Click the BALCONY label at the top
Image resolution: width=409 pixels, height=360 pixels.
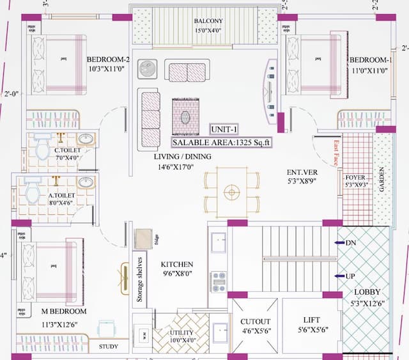click(x=208, y=20)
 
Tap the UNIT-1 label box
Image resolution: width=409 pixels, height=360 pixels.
click(x=224, y=129)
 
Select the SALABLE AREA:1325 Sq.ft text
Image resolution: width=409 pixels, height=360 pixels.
click(x=222, y=143)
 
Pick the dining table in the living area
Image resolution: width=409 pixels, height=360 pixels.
click(x=231, y=191)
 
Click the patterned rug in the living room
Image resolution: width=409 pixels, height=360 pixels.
click(x=185, y=117)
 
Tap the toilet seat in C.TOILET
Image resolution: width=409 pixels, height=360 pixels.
click(x=43, y=148)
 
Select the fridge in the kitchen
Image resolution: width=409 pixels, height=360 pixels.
click(x=143, y=238)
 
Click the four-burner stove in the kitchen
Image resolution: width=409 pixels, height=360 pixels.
click(x=219, y=282)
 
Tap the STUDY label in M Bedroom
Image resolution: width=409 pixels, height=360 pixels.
click(x=109, y=347)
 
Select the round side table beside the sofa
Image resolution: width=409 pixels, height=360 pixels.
click(x=148, y=68)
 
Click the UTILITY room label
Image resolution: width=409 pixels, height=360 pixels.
click(x=181, y=333)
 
